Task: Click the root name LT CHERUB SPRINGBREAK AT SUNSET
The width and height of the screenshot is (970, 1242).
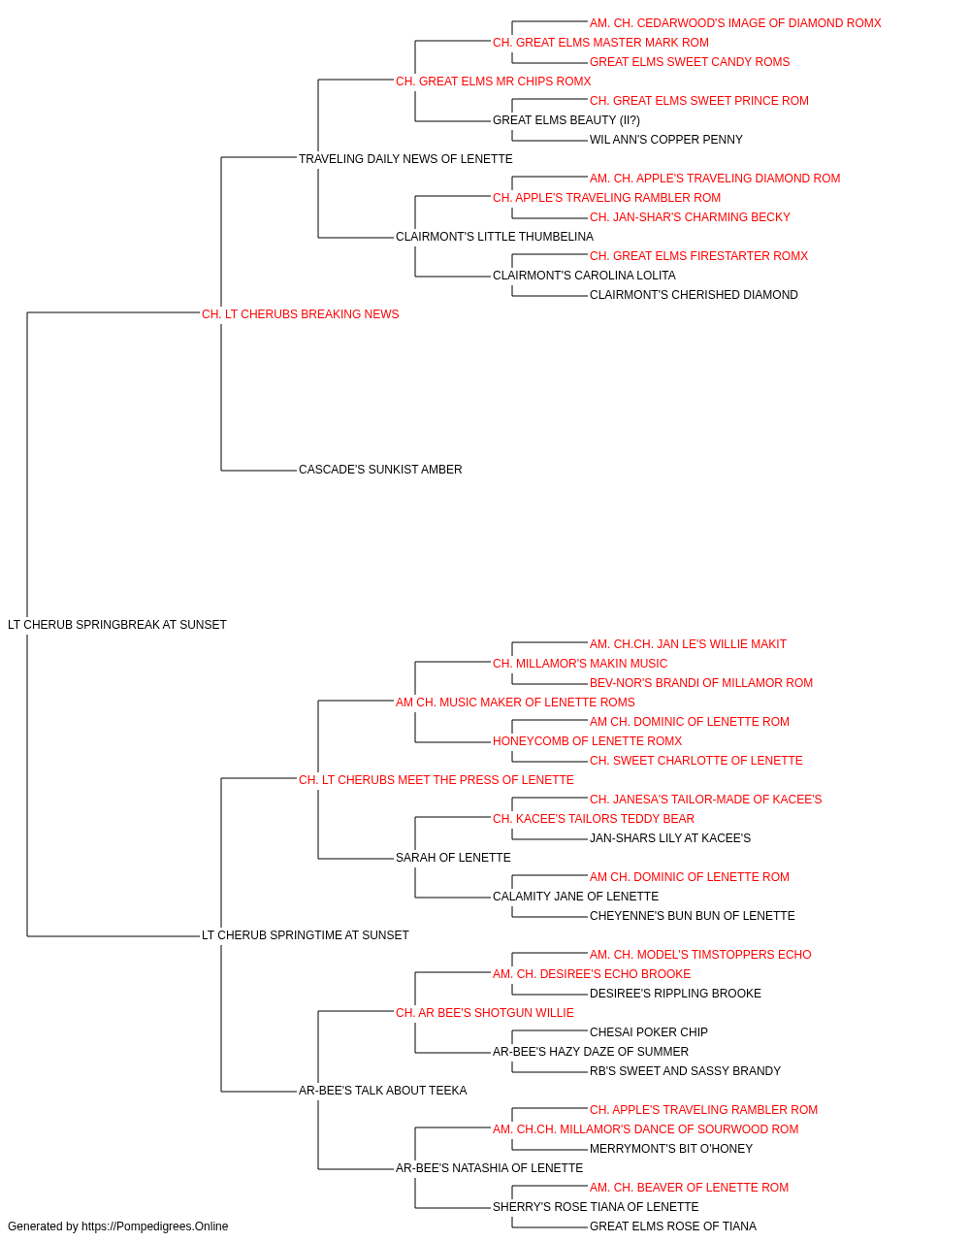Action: [x=117, y=624]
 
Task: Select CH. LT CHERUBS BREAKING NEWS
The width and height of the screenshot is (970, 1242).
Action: [x=300, y=313]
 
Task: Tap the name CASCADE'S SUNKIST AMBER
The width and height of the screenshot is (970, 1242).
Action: [x=380, y=470]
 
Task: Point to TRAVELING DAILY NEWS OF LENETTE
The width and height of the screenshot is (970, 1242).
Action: [x=405, y=159]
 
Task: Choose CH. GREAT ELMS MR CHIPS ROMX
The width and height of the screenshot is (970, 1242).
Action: [x=493, y=82]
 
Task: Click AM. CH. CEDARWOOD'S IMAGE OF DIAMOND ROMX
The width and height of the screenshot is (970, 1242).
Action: [x=734, y=23]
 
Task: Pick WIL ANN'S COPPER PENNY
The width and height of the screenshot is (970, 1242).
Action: [x=665, y=140]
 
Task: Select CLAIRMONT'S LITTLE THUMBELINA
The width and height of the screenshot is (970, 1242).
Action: [x=494, y=236]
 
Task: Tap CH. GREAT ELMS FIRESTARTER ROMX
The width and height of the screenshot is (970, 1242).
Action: [x=698, y=255]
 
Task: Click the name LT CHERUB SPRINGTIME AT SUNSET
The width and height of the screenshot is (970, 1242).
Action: [x=305, y=935]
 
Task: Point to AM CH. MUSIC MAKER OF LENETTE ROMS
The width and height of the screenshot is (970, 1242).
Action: [x=515, y=702]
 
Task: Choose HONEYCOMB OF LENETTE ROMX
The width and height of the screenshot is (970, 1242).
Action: [x=587, y=740]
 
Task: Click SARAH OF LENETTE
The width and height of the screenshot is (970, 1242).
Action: [x=453, y=858]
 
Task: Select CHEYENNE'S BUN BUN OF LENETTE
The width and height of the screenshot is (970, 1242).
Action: [x=692, y=916]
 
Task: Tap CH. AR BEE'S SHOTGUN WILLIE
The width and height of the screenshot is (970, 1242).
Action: [x=484, y=1013]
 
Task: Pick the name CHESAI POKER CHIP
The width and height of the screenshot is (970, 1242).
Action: [x=648, y=1032]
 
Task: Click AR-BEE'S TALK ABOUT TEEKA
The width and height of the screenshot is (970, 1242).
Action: [x=382, y=1091]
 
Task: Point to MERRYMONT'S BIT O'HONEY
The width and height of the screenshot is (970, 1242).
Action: [x=670, y=1149]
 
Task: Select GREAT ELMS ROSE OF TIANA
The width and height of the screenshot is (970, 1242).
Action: [x=672, y=1226]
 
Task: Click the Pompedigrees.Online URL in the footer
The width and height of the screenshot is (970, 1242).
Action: [x=154, y=1226]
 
